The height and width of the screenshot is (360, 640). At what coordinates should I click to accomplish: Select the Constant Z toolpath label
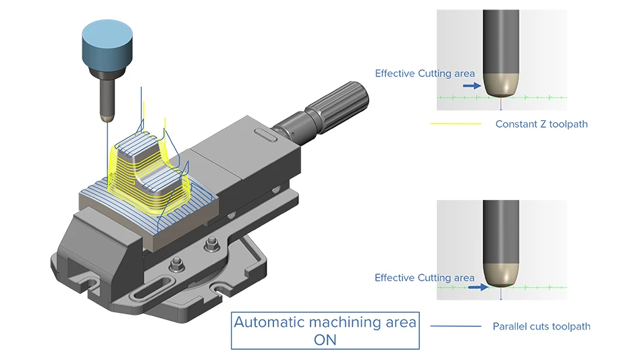[541, 124]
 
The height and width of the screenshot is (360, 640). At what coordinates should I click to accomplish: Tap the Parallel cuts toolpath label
[541, 326]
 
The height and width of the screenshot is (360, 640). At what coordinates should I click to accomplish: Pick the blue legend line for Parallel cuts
[456, 326]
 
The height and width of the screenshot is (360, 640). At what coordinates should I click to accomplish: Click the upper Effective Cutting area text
[425, 73]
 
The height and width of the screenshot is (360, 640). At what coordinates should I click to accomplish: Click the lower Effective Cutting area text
[425, 278]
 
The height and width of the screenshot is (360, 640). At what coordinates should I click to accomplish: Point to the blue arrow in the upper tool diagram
[473, 86]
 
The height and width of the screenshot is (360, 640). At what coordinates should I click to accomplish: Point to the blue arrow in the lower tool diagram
[477, 286]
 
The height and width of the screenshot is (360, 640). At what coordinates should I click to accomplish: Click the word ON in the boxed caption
[325, 340]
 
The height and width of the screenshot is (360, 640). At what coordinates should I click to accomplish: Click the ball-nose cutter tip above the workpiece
[105, 118]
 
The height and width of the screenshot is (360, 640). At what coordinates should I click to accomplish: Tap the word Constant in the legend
[516, 124]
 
